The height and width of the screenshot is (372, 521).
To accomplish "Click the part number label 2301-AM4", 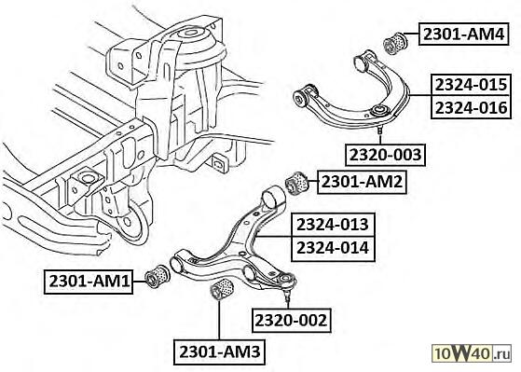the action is pos(464,34).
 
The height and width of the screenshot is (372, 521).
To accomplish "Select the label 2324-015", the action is pos(472,85).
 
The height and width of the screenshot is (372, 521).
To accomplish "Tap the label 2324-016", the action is pos(472,107).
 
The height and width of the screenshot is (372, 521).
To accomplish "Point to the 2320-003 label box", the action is pos(386,155).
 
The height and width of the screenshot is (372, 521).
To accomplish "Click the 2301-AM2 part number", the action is pos(362,182).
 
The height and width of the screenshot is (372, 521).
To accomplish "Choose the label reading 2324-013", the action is pos(333,225).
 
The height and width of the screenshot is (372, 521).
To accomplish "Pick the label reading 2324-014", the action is pos(333,248).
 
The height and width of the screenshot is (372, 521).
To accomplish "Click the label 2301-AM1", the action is pos(89,282).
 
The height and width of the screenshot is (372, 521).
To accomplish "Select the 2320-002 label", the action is pos(292,321).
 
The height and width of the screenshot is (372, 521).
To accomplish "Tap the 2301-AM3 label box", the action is pos(219,351).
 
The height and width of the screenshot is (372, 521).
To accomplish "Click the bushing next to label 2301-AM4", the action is pos(395,42).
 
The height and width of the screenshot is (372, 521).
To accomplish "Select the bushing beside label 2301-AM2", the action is pos(297,182).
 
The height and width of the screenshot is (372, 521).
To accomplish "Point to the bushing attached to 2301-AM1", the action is pos(158,276).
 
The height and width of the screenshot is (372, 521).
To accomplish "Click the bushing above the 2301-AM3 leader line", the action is pos(223,289).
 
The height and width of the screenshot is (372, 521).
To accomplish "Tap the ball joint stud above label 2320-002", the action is pos(287,296).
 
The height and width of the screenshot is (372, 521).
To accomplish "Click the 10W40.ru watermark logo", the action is pos(472,353).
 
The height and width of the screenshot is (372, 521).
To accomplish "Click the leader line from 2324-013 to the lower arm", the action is pos(274,237).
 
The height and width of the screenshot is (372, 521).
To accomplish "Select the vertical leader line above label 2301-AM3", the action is pos(219,320).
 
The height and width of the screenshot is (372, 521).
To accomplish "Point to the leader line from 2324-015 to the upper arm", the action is pos(420,96).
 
